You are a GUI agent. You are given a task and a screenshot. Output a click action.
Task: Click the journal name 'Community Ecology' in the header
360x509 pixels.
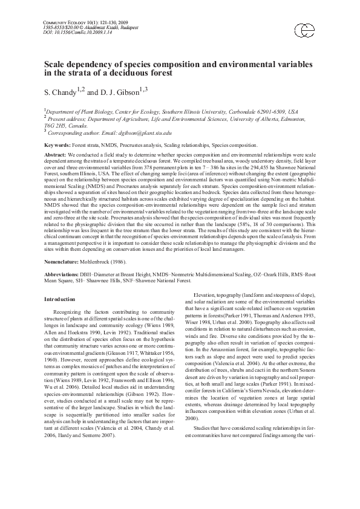pos(70,21)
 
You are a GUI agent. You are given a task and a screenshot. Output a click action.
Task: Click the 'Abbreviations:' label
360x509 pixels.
pos(64,276)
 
